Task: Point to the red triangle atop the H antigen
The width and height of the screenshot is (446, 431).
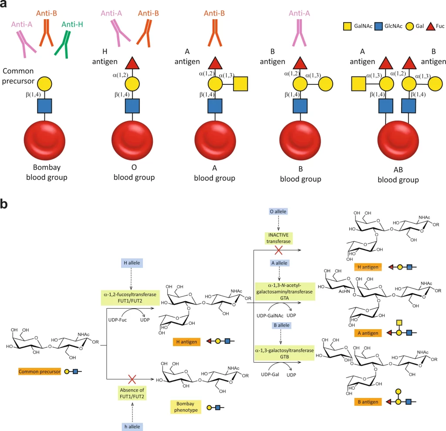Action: pos(132,64)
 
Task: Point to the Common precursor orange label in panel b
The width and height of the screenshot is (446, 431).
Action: pos(40,371)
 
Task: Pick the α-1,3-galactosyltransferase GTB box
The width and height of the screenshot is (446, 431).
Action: pos(284,353)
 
